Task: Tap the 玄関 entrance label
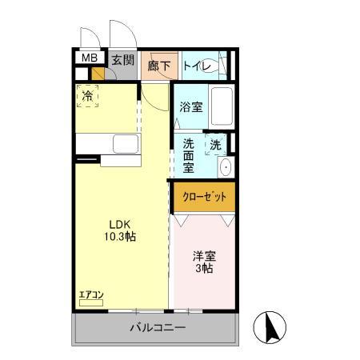point(122,59)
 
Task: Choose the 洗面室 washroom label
point(189,157)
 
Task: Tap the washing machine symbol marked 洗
point(214,146)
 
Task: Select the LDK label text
point(121,224)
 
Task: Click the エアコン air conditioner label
point(91,294)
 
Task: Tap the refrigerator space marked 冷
point(88,97)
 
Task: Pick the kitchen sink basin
point(126,145)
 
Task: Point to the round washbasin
point(225,167)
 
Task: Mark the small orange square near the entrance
point(98,74)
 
